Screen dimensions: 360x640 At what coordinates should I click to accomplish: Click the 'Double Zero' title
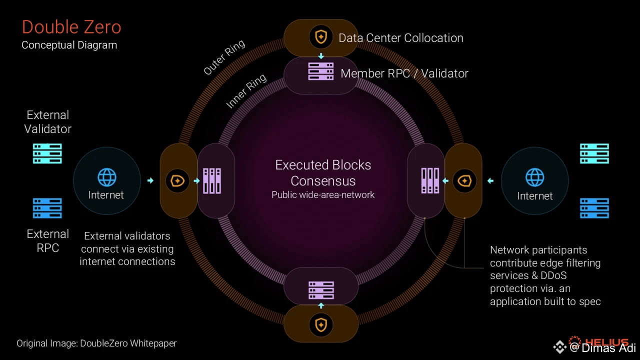[x=71, y=27]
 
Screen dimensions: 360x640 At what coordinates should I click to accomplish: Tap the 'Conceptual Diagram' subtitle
[x=69, y=45]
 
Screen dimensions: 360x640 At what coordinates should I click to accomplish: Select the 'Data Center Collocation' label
[x=400, y=38]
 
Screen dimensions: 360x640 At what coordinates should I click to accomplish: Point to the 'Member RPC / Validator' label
[x=404, y=73]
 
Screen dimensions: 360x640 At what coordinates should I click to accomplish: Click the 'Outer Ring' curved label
[x=224, y=57]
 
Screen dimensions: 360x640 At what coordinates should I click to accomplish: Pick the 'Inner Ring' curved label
[x=246, y=91]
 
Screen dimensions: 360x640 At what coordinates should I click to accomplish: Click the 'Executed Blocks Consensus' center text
[x=323, y=172]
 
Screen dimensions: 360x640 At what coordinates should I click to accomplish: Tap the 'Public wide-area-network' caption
[x=323, y=195]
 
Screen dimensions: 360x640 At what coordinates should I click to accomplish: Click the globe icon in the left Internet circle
[x=106, y=177]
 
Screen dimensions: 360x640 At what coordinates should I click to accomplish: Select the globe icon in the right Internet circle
[x=534, y=177]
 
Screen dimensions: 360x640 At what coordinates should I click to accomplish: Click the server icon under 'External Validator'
[x=47, y=153]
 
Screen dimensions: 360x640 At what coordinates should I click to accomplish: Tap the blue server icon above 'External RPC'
[x=47, y=208]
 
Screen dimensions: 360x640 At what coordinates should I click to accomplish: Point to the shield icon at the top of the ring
[x=320, y=36]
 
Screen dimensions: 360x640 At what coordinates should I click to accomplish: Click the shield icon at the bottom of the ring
[x=320, y=325]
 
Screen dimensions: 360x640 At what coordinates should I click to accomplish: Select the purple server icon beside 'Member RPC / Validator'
[x=320, y=71]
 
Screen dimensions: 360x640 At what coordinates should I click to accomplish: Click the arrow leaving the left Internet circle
[x=150, y=180]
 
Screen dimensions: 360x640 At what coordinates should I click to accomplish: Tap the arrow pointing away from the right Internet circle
[x=490, y=181]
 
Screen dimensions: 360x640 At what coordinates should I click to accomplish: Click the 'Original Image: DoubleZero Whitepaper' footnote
[x=96, y=343]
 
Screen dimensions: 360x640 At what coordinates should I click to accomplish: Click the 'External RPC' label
[x=47, y=241]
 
